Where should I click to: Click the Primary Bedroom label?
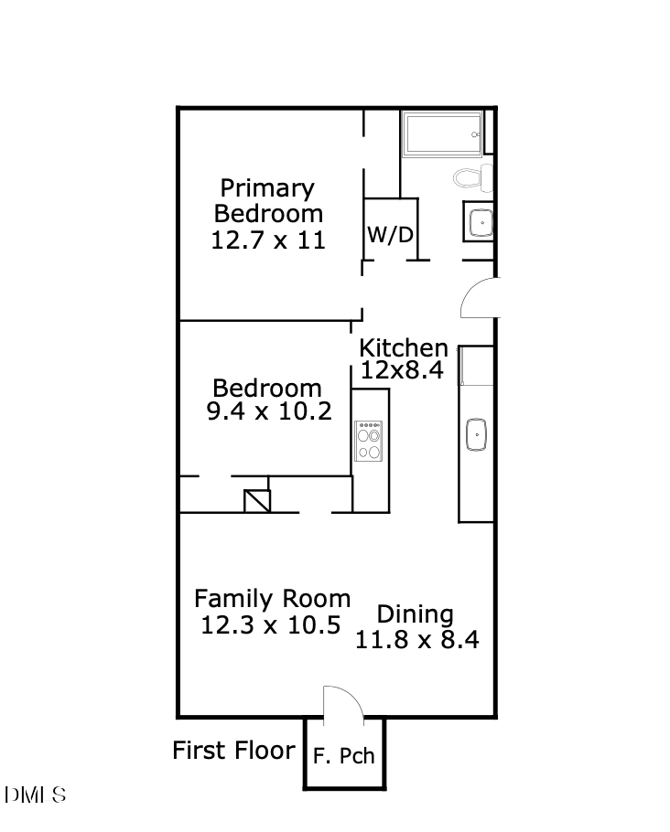coord(268,201)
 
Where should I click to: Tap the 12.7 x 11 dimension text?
coord(268,240)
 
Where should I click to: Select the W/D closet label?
coord(391,235)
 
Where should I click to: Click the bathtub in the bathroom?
coord(443,134)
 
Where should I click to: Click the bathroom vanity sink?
coord(479,221)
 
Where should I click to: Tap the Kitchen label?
coord(404,347)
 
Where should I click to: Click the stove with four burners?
coord(369,440)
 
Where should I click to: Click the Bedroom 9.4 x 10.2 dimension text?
coord(268,411)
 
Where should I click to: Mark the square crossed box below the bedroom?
coord(258,501)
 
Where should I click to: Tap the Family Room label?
coord(272,600)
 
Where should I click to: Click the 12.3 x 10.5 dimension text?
coord(271,625)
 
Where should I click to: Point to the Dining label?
coord(416,614)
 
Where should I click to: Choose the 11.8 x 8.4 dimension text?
coord(417,640)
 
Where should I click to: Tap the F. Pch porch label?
coord(344,756)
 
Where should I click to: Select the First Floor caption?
coord(233,751)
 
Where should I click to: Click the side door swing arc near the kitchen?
coord(479,298)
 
